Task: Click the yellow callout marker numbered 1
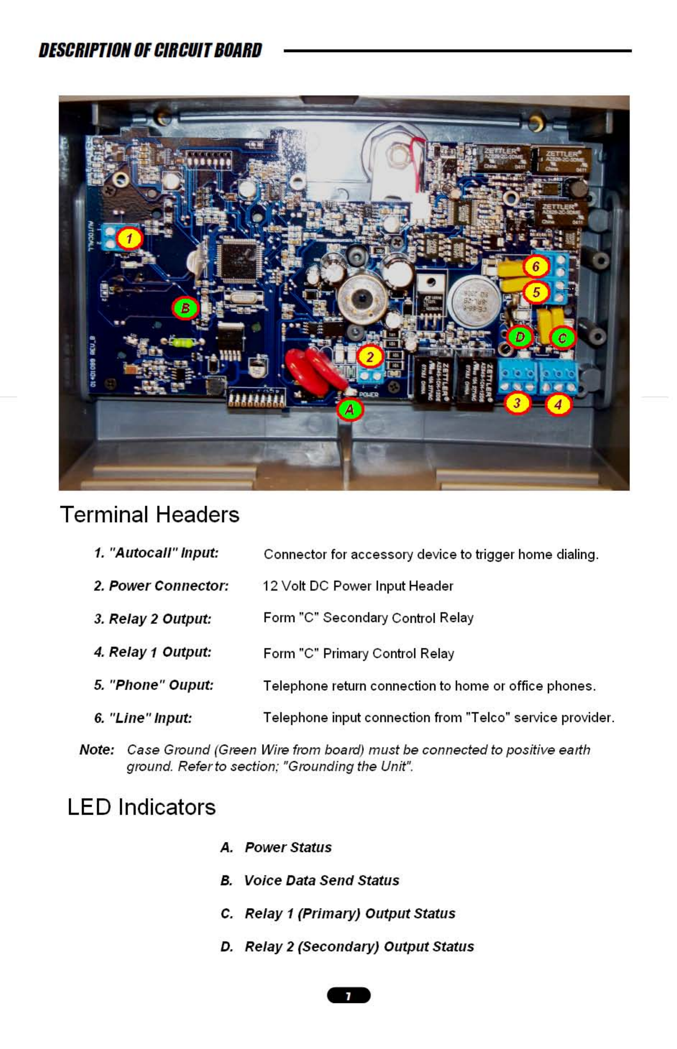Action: pyautogui.click(x=129, y=239)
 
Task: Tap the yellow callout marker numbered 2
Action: pyautogui.click(x=370, y=357)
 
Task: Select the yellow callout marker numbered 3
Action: pyautogui.click(x=517, y=403)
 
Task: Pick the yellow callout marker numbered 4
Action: pyautogui.click(x=558, y=404)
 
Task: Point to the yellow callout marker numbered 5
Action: pyautogui.click(x=536, y=292)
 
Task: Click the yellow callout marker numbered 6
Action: pyautogui.click(x=536, y=266)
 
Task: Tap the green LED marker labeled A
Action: pyautogui.click(x=350, y=410)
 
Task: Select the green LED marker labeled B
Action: pyautogui.click(x=185, y=308)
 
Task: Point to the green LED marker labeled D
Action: pyautogui.click(x=520, y=337)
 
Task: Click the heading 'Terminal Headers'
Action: pyautogui.click(x=149, y=514)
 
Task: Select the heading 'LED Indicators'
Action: pyautogui.click(x=141, y=807)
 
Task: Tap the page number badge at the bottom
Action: pyautogui.click(x=349, y=995)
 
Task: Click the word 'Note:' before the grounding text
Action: pyautogui.click(x=97, y=749)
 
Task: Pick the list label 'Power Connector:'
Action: pyautogui.click(x=169, y=586)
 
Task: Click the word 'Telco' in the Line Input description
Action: pyautogui.click(x=488, y=718)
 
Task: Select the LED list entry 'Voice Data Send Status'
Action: pyautogui.click(x=321, y=880)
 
